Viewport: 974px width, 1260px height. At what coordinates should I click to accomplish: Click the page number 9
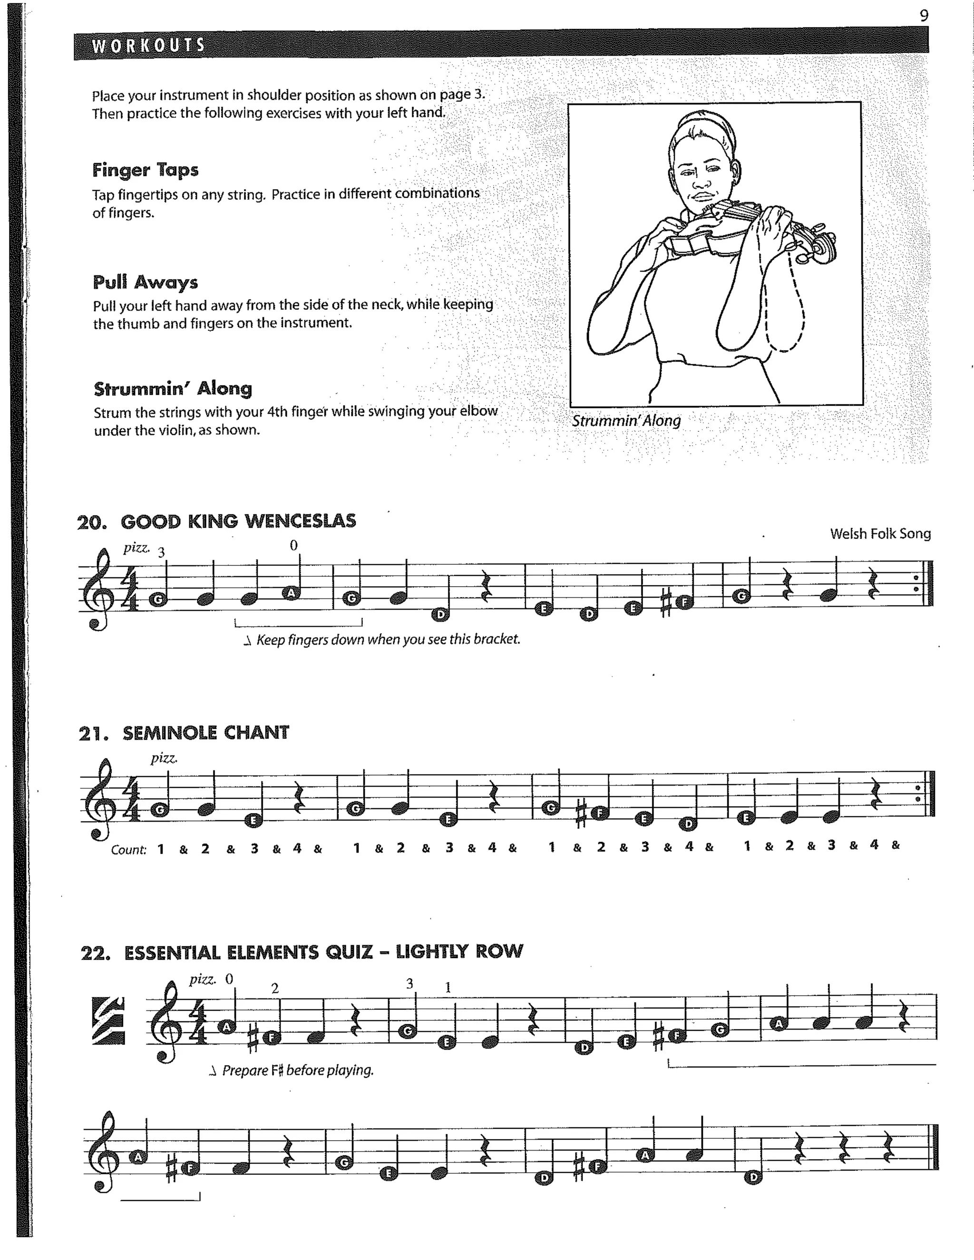924,16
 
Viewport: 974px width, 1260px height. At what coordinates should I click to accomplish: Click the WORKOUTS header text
148,46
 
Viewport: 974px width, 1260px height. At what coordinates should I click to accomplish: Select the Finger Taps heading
146,170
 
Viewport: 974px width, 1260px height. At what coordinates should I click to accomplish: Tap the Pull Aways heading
146,282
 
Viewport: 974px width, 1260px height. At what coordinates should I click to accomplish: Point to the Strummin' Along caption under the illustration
626,421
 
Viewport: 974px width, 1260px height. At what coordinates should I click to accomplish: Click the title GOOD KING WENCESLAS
238,521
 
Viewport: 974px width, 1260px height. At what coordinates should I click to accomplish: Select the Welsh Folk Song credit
880,533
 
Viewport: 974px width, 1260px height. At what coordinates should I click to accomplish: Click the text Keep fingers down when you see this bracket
388,639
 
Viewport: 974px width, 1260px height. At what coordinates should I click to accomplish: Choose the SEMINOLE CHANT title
205,733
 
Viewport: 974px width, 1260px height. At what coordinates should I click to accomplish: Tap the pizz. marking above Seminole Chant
164,758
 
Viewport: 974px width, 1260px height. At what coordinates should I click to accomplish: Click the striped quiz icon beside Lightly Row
108,1020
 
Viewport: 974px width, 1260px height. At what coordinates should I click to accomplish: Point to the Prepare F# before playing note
297,1070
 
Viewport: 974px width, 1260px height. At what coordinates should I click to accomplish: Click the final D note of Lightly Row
753,1177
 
